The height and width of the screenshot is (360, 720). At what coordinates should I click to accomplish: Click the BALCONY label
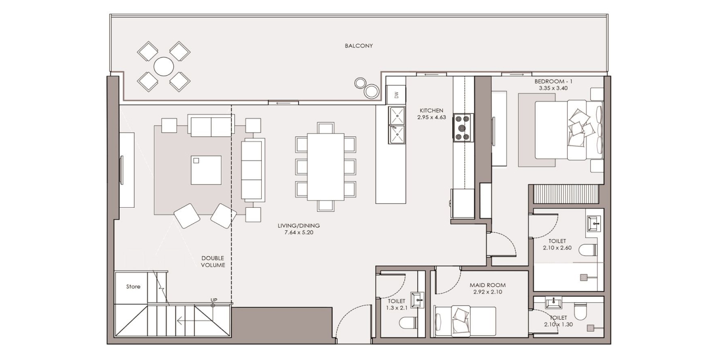[359, 46]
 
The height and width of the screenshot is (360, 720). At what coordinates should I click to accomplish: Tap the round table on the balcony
[164, 66]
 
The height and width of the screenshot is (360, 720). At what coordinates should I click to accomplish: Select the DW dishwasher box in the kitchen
[396, 95]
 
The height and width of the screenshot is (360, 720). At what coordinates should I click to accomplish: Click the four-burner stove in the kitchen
[463, 128]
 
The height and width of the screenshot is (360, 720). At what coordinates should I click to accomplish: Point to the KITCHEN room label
[431, 111]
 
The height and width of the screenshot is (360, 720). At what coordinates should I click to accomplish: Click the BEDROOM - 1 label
[553, 81]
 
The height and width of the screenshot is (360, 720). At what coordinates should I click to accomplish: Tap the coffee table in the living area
[206, 170]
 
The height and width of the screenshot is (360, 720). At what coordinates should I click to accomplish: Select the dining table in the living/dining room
[326, 167]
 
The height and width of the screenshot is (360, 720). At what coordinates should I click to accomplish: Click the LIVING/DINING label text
[299, 226]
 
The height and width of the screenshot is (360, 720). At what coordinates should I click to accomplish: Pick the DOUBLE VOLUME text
[213, 262]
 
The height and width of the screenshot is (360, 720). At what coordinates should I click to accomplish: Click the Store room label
[133, 286]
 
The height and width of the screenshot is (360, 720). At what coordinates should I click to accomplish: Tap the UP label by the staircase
[214, 300]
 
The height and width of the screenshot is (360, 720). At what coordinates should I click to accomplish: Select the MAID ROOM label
[488, 285]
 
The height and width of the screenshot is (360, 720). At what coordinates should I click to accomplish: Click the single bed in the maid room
[465, 321]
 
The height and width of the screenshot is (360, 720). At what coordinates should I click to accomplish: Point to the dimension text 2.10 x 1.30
[559, 325]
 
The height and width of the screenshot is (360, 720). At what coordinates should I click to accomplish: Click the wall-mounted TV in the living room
[121, 170]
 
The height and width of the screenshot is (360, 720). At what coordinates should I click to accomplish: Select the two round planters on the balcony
[367, 87]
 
